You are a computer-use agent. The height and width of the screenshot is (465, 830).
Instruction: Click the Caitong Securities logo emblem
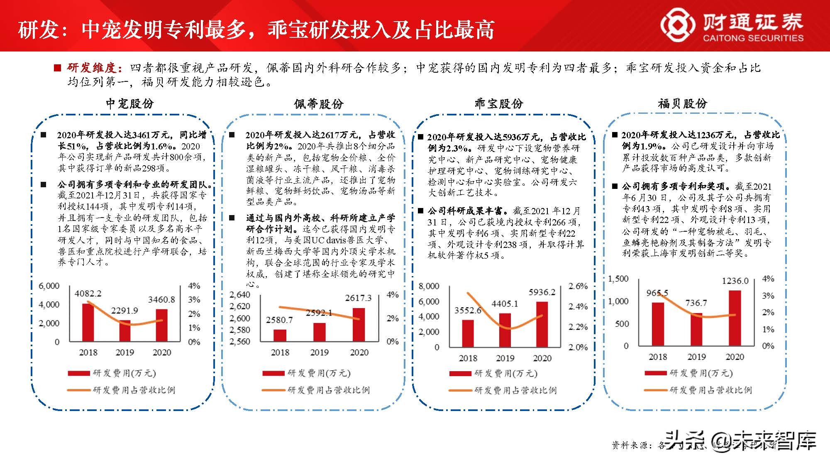(678, 26)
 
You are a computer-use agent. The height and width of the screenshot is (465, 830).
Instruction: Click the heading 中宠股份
(130, 103)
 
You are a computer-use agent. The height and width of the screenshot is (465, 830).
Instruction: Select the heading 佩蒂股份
(319, 103)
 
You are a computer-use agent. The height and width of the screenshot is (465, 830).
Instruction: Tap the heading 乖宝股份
(499, 103)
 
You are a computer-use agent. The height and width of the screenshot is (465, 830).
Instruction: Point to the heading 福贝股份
(682, 103)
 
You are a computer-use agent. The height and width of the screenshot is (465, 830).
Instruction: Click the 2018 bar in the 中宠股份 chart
(88, 323)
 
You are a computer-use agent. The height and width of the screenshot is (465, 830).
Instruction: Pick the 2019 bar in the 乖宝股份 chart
(505, 330)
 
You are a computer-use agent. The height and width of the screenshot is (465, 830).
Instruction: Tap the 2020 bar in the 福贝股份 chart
(735, 318)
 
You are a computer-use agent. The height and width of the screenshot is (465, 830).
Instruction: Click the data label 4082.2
(88, 294)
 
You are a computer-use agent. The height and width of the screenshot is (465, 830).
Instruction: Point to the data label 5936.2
(542, 292)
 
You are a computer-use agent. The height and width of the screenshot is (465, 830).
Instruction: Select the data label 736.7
(696, 303)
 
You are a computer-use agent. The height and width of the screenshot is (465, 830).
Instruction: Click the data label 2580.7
(279, 320)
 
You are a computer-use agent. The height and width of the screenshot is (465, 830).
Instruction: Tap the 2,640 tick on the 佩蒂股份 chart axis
(240, 295)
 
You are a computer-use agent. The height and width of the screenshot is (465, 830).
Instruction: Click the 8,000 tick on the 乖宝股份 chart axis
(429, 286)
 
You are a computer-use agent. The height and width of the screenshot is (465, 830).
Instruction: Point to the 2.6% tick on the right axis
(578, 286)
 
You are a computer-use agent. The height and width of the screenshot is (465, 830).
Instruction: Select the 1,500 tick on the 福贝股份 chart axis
(618, 279)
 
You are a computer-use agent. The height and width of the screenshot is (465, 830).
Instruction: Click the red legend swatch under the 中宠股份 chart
(79, 373)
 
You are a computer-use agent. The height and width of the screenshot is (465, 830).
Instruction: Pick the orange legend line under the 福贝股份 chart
(656, 390)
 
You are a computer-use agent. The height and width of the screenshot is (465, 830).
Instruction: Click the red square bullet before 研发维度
(57, 68)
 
